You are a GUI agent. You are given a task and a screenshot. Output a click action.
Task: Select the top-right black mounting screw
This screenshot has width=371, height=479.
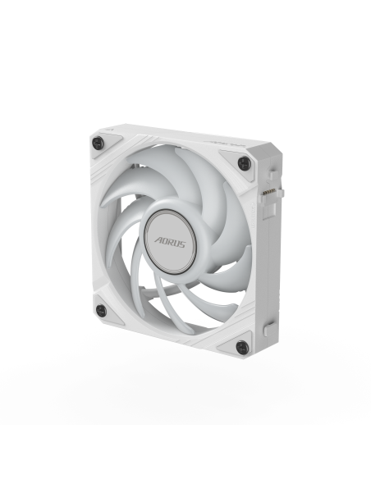[243, 164]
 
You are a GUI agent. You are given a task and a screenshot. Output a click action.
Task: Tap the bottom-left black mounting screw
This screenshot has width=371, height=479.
[101, 310]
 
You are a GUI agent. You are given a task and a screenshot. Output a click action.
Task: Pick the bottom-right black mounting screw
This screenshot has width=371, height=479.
[241, 348]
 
